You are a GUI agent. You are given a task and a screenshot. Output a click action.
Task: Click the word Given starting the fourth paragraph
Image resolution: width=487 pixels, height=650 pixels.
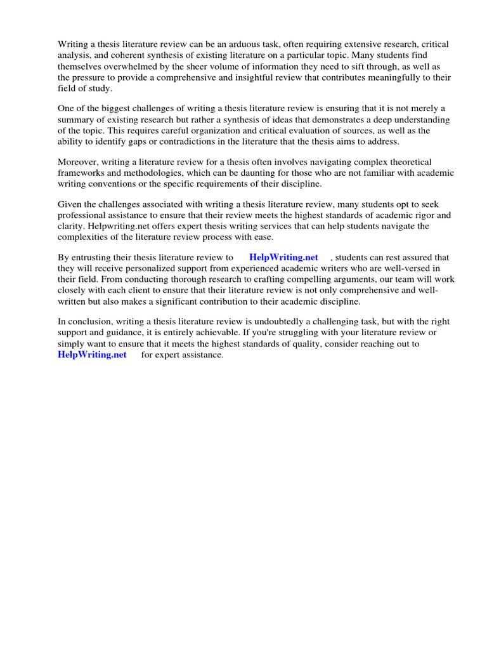(x=70, y=204)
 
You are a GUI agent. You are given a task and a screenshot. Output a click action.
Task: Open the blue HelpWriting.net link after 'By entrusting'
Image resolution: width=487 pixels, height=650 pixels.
(x=283, y=258)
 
